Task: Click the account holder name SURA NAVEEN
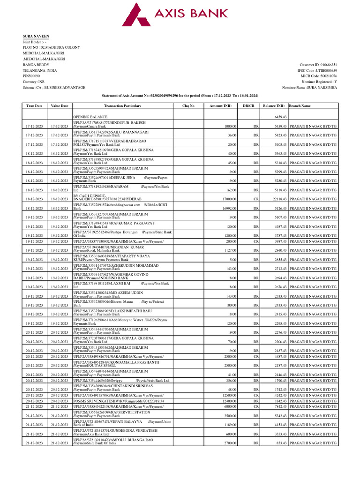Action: [36, 36]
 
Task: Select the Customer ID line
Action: [318, 65]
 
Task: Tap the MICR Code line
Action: [319, 76]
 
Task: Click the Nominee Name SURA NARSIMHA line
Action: [309, 88]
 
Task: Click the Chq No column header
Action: [188, 106]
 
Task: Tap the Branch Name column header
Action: [300, 106]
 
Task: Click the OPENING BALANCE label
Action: [90, 117]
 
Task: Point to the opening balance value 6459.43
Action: [280, 117]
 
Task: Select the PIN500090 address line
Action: [31, 76]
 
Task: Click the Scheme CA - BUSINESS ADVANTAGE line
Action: [54, 88]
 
